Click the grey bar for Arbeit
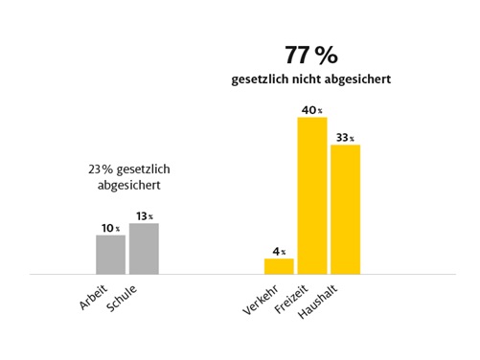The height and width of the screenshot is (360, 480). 110,254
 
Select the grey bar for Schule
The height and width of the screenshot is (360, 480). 144,248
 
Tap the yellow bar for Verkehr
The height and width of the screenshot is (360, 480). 279,265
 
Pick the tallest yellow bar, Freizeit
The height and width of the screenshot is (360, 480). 312,195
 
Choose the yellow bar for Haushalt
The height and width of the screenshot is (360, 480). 345,209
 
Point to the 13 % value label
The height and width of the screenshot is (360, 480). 144,216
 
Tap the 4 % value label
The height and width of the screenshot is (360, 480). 279,251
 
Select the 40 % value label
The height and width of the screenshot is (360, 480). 312,110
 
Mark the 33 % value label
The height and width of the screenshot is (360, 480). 345,138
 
